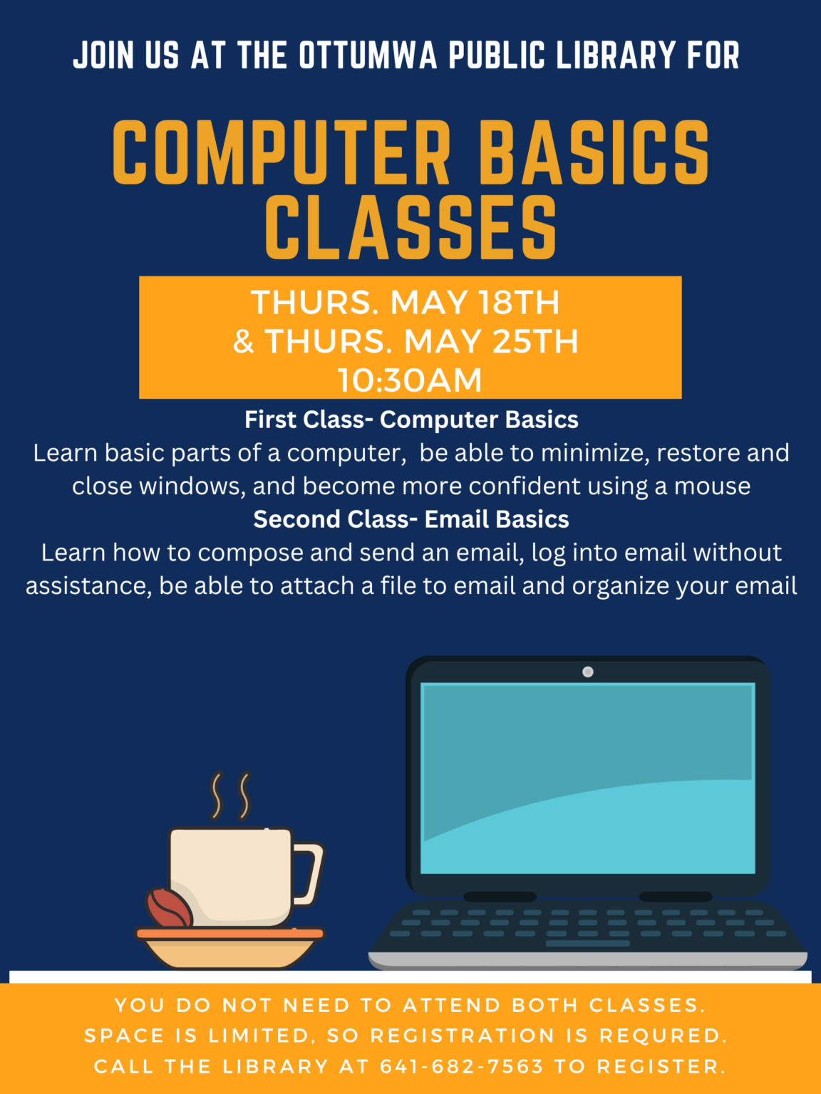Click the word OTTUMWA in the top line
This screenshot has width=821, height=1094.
[x=368, y=56]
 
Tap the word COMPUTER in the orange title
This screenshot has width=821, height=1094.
[x=282, y=152]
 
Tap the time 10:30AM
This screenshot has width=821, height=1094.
[x=410, y=380]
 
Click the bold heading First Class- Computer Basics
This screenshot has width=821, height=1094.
[x=411, y=420]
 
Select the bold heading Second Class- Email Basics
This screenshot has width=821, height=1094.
[x=411, y=519]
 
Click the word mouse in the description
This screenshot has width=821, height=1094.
[x=712, y=486]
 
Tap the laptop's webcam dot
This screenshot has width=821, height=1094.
[x=588, y=672]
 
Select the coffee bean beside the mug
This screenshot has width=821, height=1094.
[x=169, y=907]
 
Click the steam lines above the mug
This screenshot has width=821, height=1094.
[x=230, y=796]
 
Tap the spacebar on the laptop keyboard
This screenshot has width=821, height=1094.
[x=588, y=944]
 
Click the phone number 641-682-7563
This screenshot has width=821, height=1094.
[x=461, y=1066]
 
